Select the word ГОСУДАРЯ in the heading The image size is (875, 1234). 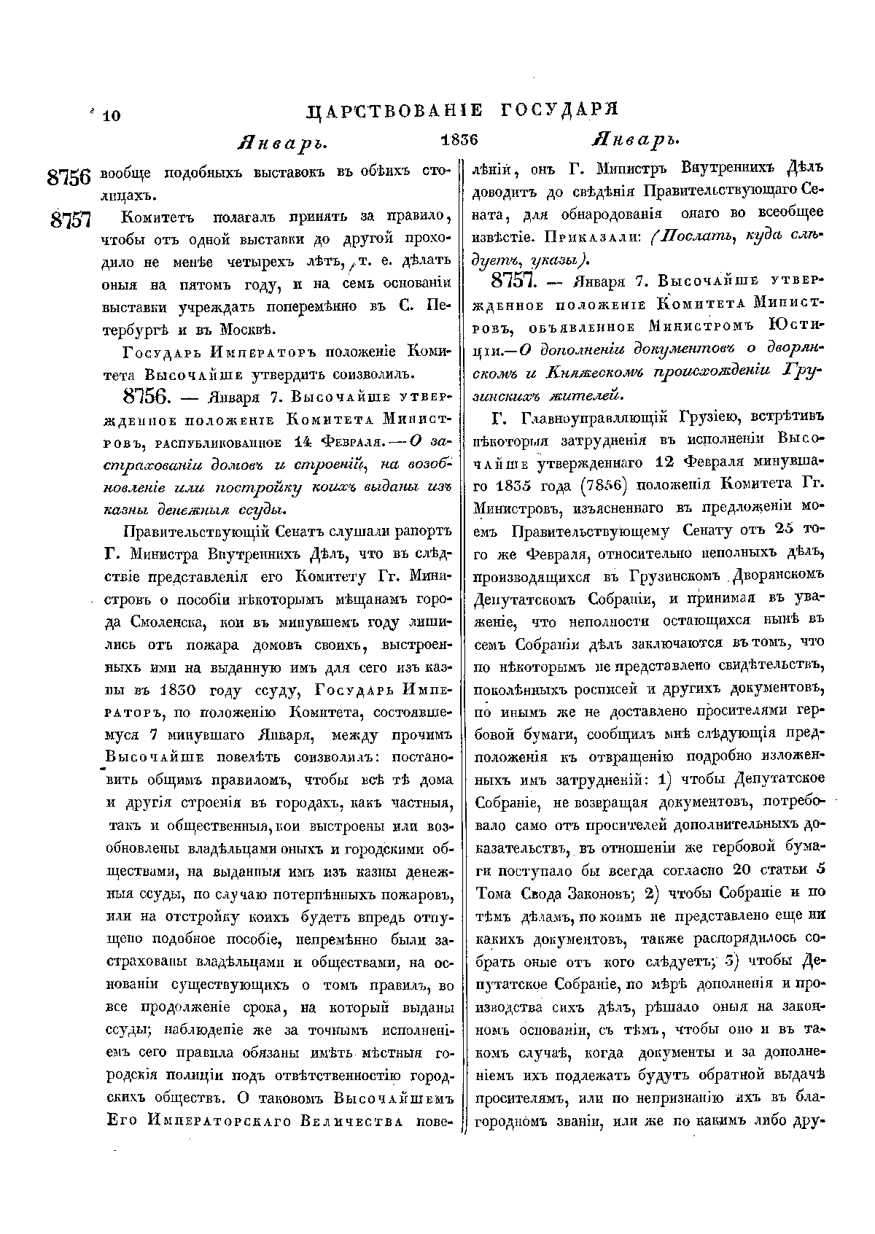561,110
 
